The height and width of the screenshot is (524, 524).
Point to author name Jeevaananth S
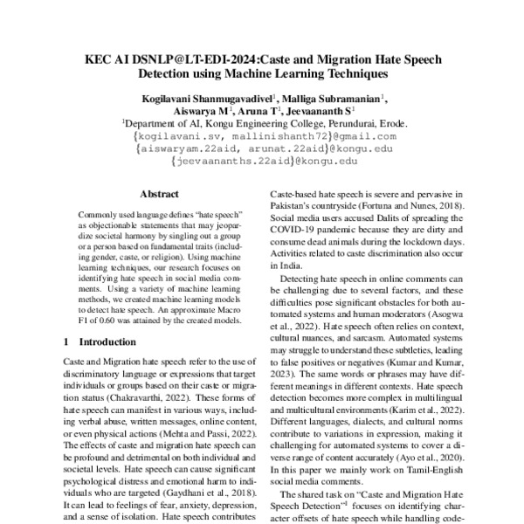pos(318,112)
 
